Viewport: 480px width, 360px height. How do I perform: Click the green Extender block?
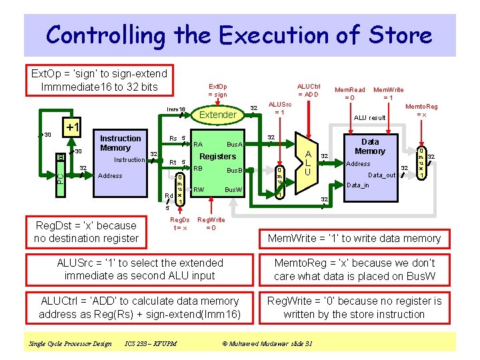click(218, 115)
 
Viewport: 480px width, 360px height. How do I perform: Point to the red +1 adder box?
click(71, 127)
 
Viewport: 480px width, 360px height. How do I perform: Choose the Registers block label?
click(218, 157)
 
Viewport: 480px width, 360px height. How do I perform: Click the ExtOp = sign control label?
click(217, 90)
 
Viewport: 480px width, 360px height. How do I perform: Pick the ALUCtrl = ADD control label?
click(309, 90)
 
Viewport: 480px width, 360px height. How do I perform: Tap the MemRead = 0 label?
click(349, 93)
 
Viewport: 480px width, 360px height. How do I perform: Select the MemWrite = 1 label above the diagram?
click(388, 93)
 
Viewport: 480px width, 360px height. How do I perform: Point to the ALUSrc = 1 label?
click(279, 108)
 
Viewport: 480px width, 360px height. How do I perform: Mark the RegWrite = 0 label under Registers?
click(211, 223)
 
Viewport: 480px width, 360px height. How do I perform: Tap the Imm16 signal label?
click(176, 109)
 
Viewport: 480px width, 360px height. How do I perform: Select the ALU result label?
click(369, 118)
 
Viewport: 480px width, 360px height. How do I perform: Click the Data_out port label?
click(382, 175)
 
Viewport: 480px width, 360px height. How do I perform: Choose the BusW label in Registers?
click(233, 190)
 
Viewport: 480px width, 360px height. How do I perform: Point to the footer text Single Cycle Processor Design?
click(70, 343)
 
